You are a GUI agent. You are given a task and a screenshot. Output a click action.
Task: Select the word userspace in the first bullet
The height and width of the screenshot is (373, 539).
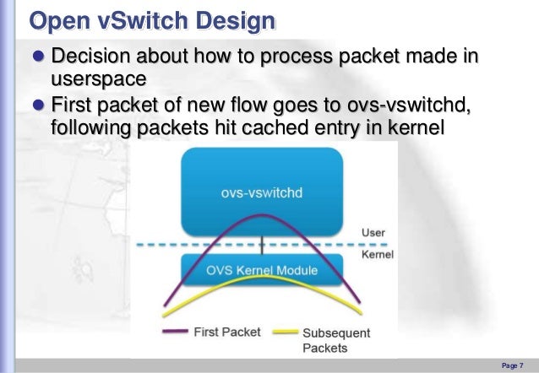(x=99, y=80)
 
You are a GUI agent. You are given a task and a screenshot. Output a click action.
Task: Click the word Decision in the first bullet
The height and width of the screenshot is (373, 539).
(x=91, y=57)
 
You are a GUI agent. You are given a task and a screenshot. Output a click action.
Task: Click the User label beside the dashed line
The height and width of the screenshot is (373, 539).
(x=373, y=232)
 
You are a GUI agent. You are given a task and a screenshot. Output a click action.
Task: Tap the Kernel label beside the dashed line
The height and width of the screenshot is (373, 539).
(x=378, y=253)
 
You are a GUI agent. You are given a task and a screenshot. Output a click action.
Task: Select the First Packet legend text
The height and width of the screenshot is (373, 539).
(x=228, y=332)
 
